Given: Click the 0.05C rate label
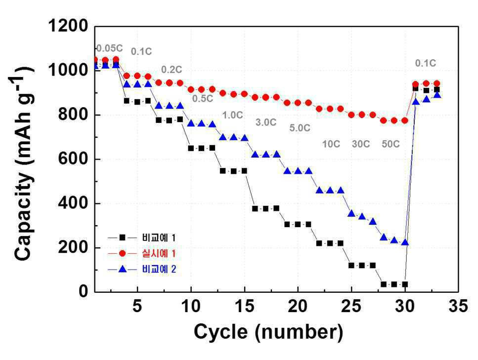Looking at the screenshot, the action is (109, 48).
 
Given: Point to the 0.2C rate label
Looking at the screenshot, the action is (172, 70).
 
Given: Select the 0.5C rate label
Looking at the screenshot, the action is (203, 99).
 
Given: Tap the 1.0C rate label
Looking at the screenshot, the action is (233, 115).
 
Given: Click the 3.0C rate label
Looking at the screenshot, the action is (266, 122).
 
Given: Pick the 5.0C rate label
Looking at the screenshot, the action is (300, 128).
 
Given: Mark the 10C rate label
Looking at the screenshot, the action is (331, 144).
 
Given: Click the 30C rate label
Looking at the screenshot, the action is (361, 144).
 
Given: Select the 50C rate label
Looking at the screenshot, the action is (391, 144).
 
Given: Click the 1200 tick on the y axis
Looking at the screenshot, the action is (68, 26).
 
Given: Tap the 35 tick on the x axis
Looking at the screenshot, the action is (458, 306).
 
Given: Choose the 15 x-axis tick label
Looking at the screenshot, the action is (245, 306).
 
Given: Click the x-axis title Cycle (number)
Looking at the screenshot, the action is (268, 332).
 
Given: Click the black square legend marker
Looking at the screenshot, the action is (123, 238).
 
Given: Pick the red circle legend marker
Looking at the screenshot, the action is (123, 253).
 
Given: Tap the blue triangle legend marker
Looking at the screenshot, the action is (123, 269).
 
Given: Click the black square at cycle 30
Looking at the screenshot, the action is (405, 284).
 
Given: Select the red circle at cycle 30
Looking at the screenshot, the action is (405, 120).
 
